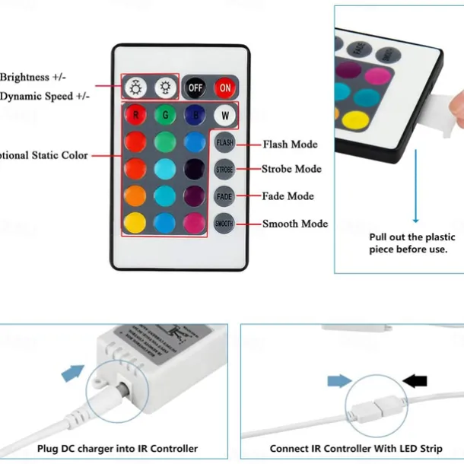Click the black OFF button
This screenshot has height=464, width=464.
click(195, 87)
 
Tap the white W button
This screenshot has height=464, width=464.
click(224, 116)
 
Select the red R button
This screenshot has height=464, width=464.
click(135, 116)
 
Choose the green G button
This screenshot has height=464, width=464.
click(165, 116)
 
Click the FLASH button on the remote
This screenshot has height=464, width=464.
click(224, 142)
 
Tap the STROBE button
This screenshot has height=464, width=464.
click(224, 170)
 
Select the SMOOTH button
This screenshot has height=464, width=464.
click(224, 224)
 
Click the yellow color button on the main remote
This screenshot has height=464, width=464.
click(135, 223)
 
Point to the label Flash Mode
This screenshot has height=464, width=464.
click(290, 144)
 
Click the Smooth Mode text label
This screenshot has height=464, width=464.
click(295, 224)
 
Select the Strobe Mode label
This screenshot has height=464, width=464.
click(291, 169)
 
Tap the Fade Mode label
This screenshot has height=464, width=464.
click(288, 196)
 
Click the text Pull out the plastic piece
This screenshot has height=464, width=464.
click(408, 243)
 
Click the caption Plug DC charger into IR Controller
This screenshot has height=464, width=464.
click(118, 449)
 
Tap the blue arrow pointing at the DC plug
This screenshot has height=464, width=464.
click(72, 373)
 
